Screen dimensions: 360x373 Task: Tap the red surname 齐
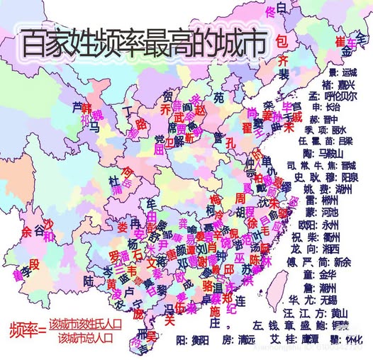[283, 59]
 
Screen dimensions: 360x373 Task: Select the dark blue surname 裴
[283, 74]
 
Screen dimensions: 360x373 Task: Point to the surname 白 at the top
[281, 8]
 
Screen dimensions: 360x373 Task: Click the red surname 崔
[340, 38]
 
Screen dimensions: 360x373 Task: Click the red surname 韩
[88, 108]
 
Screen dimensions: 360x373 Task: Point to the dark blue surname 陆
[89, 281]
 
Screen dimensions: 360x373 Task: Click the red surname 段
[35, 264]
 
